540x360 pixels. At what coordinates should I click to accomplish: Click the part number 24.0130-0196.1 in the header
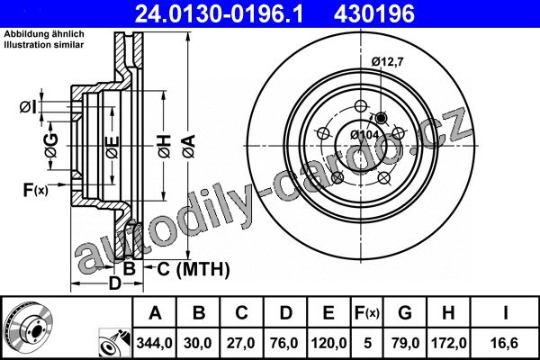click(220, 14)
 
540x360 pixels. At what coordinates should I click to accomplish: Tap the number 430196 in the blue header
click(374, 14)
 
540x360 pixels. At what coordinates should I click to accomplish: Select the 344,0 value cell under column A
click(154, 343)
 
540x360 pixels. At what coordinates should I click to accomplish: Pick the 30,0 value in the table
click(198, 343)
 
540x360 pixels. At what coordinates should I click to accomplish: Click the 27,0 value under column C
click(240, 343)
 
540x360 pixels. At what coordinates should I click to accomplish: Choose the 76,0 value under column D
click(284, 343)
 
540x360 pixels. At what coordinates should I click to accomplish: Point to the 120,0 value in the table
click(328, 343)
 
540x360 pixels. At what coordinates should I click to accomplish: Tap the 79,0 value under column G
click(405, 343)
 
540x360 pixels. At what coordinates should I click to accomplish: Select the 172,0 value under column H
click(449, 343)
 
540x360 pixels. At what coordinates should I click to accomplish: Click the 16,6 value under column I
click(505, 343)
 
